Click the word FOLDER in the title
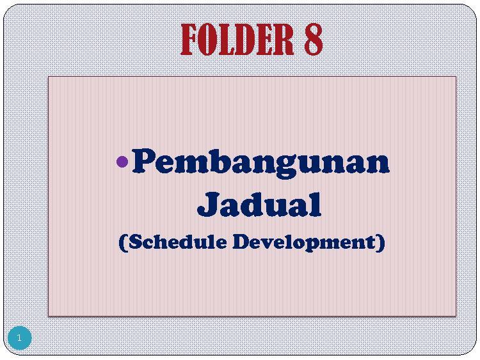pyautogui.click(x=237, y=40)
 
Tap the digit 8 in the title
pyautogui.click(x=314, y=40)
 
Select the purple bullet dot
pyautogui.click(x=122, y=162)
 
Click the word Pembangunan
pyautogui.click(x=261, y=163)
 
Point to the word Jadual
pyautogui.click(x=259, y=204)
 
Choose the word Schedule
pyautogui.click(x=178, y=242)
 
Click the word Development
pyautogui.click(x=304, y=242)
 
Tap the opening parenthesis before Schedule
pyautogui.click(x=123, y=243)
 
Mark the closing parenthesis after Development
pyautogui.click(x=381, y=243)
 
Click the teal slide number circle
pyautogui.click(x=20, y=338)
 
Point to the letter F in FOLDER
pyautogui.click(x=189, y=40)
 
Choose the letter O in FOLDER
pyautogui.click(x=207, y=40)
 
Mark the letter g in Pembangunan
pyautogui.click(x=285, y=166)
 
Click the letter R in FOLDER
pyautogui.click(x=284, y=40)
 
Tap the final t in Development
pyautogui.click(x=371, y=242)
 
